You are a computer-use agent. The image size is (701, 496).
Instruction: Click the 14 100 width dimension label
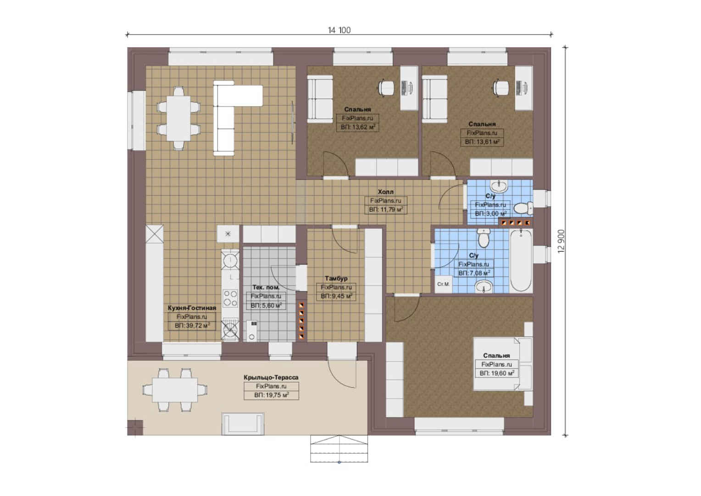(339, 30)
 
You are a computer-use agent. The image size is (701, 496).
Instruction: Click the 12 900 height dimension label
(561, 241)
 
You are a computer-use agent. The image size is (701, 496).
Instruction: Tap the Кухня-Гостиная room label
(192, 308)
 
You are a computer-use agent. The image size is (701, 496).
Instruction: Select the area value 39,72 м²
(192, 326)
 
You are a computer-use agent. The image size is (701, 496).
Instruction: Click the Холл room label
(385, 192)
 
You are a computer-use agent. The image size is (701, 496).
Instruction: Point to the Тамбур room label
(336, 278)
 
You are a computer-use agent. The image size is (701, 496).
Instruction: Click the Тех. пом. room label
(266, 287)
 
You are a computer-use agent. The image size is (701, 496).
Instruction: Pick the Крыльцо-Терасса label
(271, 378)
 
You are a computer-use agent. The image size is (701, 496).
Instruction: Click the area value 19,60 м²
(497, 373)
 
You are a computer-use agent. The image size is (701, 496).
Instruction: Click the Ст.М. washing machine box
(444, 284)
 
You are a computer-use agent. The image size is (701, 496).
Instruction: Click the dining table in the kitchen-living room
(178, 118)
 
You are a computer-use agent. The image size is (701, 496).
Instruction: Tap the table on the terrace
(175, 390)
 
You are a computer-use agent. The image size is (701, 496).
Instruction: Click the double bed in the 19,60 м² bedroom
(503, 364)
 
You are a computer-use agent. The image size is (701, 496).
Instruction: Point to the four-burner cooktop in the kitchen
(230, 298)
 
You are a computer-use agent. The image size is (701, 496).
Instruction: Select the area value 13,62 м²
(358, 127)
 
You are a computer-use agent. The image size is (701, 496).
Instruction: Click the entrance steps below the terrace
(339, 449)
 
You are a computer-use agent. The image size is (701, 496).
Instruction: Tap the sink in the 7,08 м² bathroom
(484, 287)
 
